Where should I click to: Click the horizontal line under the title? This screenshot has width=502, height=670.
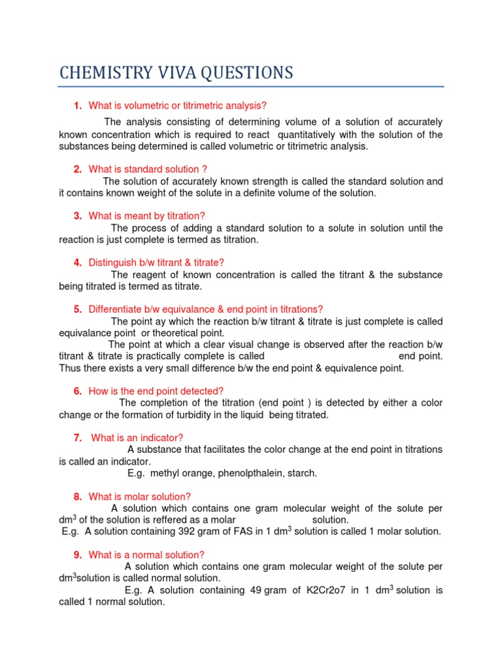click(x=251, y=86)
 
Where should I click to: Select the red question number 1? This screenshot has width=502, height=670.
click(x=78, y=105)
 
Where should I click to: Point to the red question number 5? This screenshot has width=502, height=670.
click(x=78, y=309)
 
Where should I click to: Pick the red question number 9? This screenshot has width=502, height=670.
click(x=78, y=555)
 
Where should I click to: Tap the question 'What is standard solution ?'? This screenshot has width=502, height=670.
click(x=148, y=169)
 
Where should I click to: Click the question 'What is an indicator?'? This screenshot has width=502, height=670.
click(x=137, y=437)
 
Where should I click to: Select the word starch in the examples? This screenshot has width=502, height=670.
click(x=303, y=473)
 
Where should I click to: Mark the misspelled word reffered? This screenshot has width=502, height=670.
click(x=154, y=520)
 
